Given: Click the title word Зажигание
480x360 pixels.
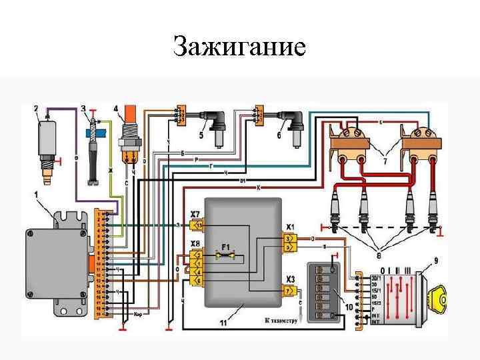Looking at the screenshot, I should click(x=239, y=47).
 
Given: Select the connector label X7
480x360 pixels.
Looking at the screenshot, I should click(x=195, y=214).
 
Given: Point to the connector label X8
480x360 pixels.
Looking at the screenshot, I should click(x=195, y=243).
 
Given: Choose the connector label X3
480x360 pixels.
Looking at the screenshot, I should click(x=291, y=279).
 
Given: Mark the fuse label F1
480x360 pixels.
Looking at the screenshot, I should click(x=227, y=246).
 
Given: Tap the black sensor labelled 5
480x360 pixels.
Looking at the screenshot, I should click(x=218, y=127).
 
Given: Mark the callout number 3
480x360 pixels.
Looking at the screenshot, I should click(x=83, y=108).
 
